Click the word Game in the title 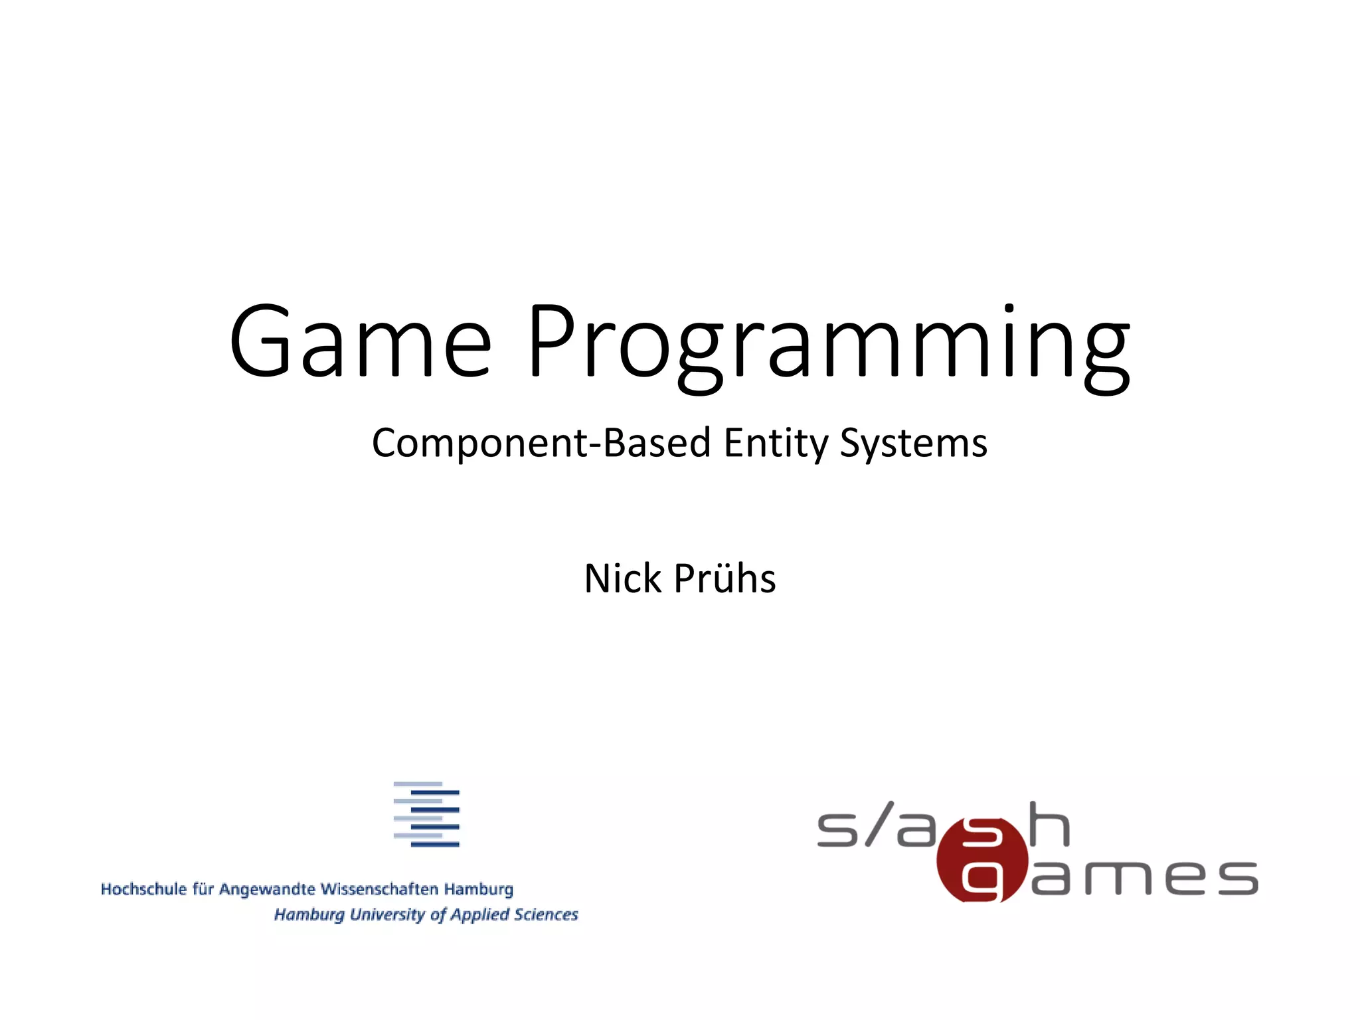pos(360,342)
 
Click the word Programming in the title pos(828,345)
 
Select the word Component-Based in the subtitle pos(541,444)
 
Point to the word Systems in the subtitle pos(913,444)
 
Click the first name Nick pos(622,578)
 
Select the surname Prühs pos(724,578)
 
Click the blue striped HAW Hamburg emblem pos(426,814)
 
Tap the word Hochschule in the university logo pos(143,889)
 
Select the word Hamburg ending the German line pos(478,890)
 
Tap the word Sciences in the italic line pos(546,914)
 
